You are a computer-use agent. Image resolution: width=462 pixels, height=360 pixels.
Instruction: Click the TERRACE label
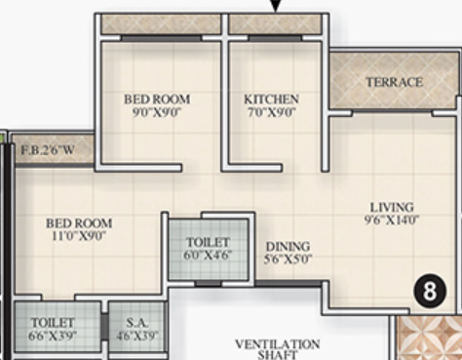tap(395, 82)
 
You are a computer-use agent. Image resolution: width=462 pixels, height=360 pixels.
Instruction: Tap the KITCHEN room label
tap(271, 100)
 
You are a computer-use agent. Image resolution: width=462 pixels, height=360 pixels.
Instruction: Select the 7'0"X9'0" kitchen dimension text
tap(271, 111)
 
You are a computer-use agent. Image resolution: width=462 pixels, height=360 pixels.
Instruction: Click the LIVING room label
tap(392, 207)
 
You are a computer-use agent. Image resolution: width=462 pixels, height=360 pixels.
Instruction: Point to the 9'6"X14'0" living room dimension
tap(392, 220)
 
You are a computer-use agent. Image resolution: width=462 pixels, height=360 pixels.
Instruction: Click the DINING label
tap(288, 247)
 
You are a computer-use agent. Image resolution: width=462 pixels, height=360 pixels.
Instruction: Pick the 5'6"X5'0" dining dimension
tap(288, 260)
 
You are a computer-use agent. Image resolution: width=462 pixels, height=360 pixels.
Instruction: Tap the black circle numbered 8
tap(426, 290)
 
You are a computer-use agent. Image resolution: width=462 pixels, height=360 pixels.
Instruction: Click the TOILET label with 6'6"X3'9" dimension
tap(54, 321)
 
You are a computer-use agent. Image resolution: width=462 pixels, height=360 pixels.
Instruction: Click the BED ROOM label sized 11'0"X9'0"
tap(79, 223)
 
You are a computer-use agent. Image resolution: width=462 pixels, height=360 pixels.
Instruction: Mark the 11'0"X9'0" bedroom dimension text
tap(79, 235)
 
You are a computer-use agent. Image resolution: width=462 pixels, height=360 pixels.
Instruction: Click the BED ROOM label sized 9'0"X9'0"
tap(157, 100)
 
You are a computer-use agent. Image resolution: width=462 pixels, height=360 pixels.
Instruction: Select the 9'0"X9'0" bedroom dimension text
tap(157, 111)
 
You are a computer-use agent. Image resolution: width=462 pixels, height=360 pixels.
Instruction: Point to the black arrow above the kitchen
tap(276, 5)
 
